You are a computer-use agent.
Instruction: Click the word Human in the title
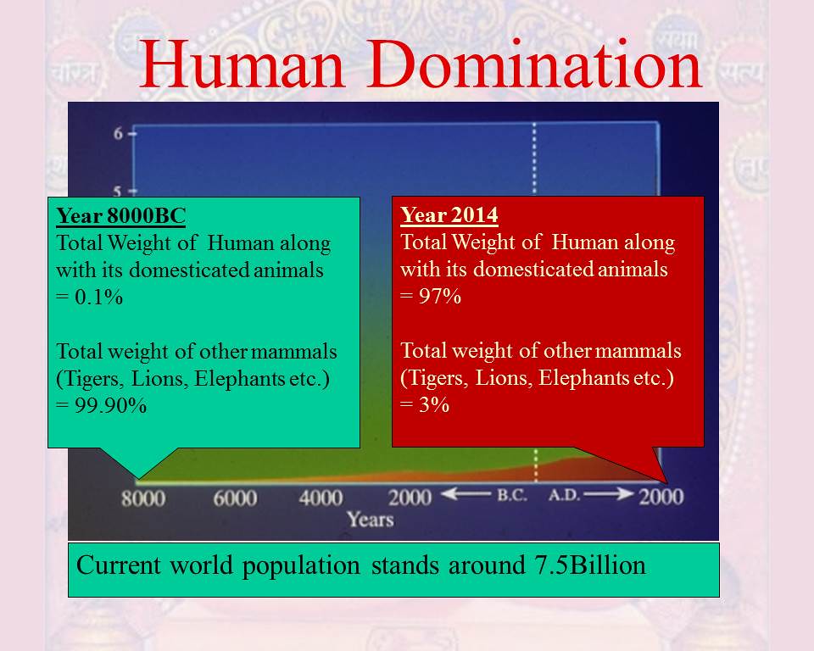(x=243, y=65)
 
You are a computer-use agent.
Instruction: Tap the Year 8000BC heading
(x=121, y=216)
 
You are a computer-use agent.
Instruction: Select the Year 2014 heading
(x=449, y=215)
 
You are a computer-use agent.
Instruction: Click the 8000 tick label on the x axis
(x=143, y=498)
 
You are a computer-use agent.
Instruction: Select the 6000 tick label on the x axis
(x=235, y=498)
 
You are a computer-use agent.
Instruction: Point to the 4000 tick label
(x=321, y=498)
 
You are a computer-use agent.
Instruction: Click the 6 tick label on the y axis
(x=119, y=133)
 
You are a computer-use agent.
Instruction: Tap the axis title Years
(x=371, y=519)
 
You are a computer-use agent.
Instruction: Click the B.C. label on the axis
(x=512, y=495)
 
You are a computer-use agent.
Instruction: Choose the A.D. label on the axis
(x=565, y=495)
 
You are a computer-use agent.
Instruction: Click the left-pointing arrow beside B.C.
(x=466, y=494)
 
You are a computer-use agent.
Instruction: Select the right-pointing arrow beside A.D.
(x=609, y=494)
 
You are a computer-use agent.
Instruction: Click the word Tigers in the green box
(x=93, y=378)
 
